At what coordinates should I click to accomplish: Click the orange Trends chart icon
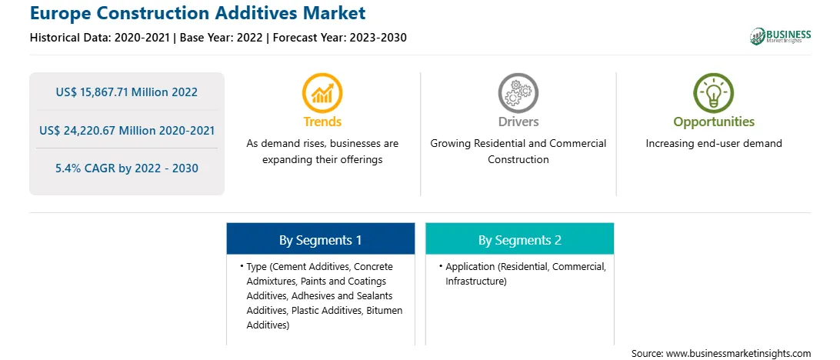pyautogui.click(x=322, y=93)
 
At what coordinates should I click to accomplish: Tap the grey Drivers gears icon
pyautogui.click(x=518, y=93)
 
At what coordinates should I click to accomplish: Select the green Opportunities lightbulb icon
pyautogui.click(x=714, y=93)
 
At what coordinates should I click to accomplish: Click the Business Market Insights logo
pyautogui.click(x=781, y=36)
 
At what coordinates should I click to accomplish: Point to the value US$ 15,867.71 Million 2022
pyautogui.click(x=126, y=92)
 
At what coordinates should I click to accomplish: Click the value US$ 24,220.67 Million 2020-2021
pyautogui.click(x=126, y=130)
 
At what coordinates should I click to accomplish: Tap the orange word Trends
pyautogui.click(x=322, y=122)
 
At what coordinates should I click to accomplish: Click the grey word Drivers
pyautogui.click(x=518, y=122)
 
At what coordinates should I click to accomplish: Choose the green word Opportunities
pyautogui.click(x=714, y=122)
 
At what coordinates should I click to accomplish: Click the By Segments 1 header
pyautogui.click(x=320, y=240)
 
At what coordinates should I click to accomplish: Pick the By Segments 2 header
pyautogui.click(x=520, y=240)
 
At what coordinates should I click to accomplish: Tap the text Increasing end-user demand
pyautogui.click(x=714, y=144)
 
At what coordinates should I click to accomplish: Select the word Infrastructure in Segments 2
pyautogui.click(x=475, y=282)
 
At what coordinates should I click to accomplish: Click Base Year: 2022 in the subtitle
pyautogui.click(x=222, y=38)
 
